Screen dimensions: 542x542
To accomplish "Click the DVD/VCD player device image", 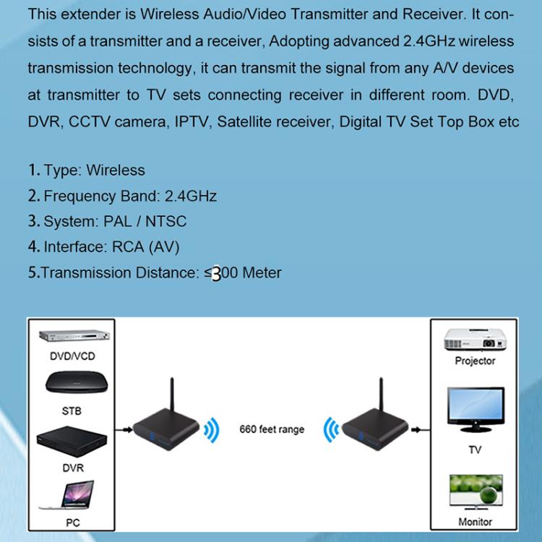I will (x=74, y=336).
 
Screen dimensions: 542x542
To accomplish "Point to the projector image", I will (x=475, y=338).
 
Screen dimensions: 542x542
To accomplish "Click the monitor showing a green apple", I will (x=475, y=493).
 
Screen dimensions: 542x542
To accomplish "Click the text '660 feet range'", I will (x=272, y=429).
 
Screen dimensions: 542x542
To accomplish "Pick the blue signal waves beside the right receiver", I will (x=332, y=429).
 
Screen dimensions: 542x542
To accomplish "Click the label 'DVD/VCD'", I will (x=72, y=356).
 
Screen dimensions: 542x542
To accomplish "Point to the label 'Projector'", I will (x=475, y=361).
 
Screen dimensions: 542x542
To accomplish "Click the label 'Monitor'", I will (x=475, y=522).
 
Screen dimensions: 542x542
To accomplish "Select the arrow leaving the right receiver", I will (x=417, y=431).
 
